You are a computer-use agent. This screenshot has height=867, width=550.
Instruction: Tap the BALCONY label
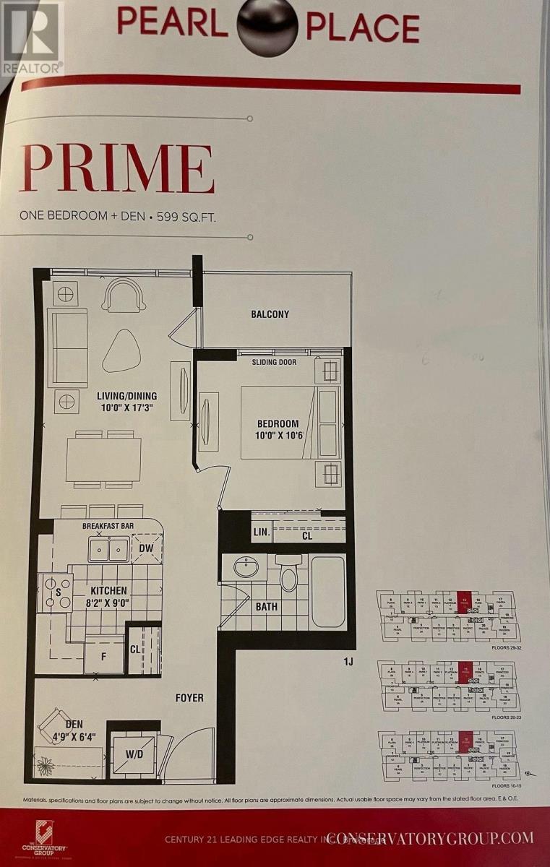click(270, 314)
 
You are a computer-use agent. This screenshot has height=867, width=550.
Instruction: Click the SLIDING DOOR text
click(274, 362)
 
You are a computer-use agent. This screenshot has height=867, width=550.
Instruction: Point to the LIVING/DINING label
click(127, 396)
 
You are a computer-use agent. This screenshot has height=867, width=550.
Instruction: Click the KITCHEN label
click(109, 590)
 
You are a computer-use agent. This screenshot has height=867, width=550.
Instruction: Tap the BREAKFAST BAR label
click(109, 526)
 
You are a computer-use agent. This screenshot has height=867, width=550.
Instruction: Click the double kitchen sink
click(109, 549)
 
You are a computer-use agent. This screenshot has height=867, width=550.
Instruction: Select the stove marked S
click(56, 592)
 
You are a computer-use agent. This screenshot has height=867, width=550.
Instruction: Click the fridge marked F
click(103, 657)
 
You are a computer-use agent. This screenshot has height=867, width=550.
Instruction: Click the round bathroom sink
click(246, 567)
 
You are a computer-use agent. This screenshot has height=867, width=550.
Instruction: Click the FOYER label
click(189, 698)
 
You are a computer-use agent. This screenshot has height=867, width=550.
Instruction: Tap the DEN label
click(74, 724)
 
